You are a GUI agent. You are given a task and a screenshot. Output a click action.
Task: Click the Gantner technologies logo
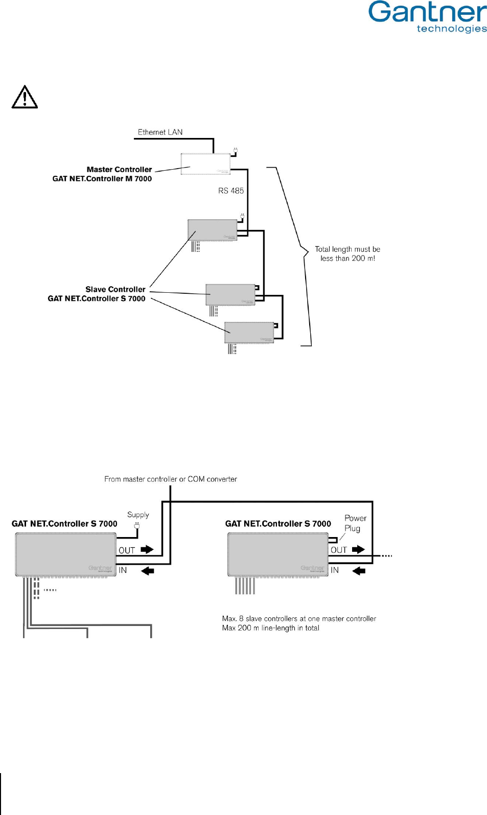tap(427, 17)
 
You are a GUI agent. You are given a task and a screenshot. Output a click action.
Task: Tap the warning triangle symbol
tap(25, 97)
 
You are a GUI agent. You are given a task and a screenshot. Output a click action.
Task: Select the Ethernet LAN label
tap(160, 132)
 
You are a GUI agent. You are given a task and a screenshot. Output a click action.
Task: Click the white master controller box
tap(205, 164)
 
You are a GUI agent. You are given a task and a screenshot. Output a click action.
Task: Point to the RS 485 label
tap(231, 191)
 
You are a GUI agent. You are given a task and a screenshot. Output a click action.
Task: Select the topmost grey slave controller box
tap(212, 230)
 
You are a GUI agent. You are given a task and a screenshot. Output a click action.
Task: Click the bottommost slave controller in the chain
tap(249, 332)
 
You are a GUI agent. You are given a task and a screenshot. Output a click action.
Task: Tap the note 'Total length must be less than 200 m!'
tap(347, 253)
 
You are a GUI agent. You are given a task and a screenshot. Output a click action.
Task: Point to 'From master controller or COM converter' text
tap(171, 479)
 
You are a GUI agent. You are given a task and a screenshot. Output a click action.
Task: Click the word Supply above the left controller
tap(138, 515)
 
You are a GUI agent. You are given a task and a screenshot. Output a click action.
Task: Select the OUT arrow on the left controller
tap(147, 549)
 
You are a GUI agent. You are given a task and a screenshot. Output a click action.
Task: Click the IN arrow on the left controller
tap(148, 570)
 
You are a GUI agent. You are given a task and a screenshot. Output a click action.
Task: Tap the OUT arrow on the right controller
tap(359, 549)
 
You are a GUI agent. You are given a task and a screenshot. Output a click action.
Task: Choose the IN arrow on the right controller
tap(359, 570)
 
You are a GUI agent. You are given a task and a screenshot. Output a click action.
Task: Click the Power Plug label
tap(355, 523)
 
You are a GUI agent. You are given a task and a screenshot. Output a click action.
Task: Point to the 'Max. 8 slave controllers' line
tap(299, 619)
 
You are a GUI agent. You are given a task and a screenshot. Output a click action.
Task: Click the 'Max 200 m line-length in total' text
tap(270, 628)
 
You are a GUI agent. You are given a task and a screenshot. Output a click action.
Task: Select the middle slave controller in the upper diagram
tap(230, 294)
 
